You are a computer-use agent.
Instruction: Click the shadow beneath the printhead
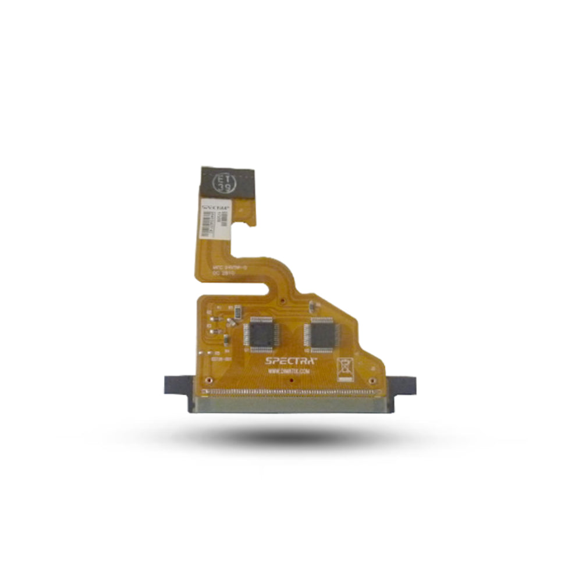pyautogui.click(x=291, y=434)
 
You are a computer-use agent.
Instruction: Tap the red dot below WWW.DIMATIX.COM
pyautogui.click(x=288, y=379)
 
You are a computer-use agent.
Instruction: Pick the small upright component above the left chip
pyautogui.click(x=231, y=310)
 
